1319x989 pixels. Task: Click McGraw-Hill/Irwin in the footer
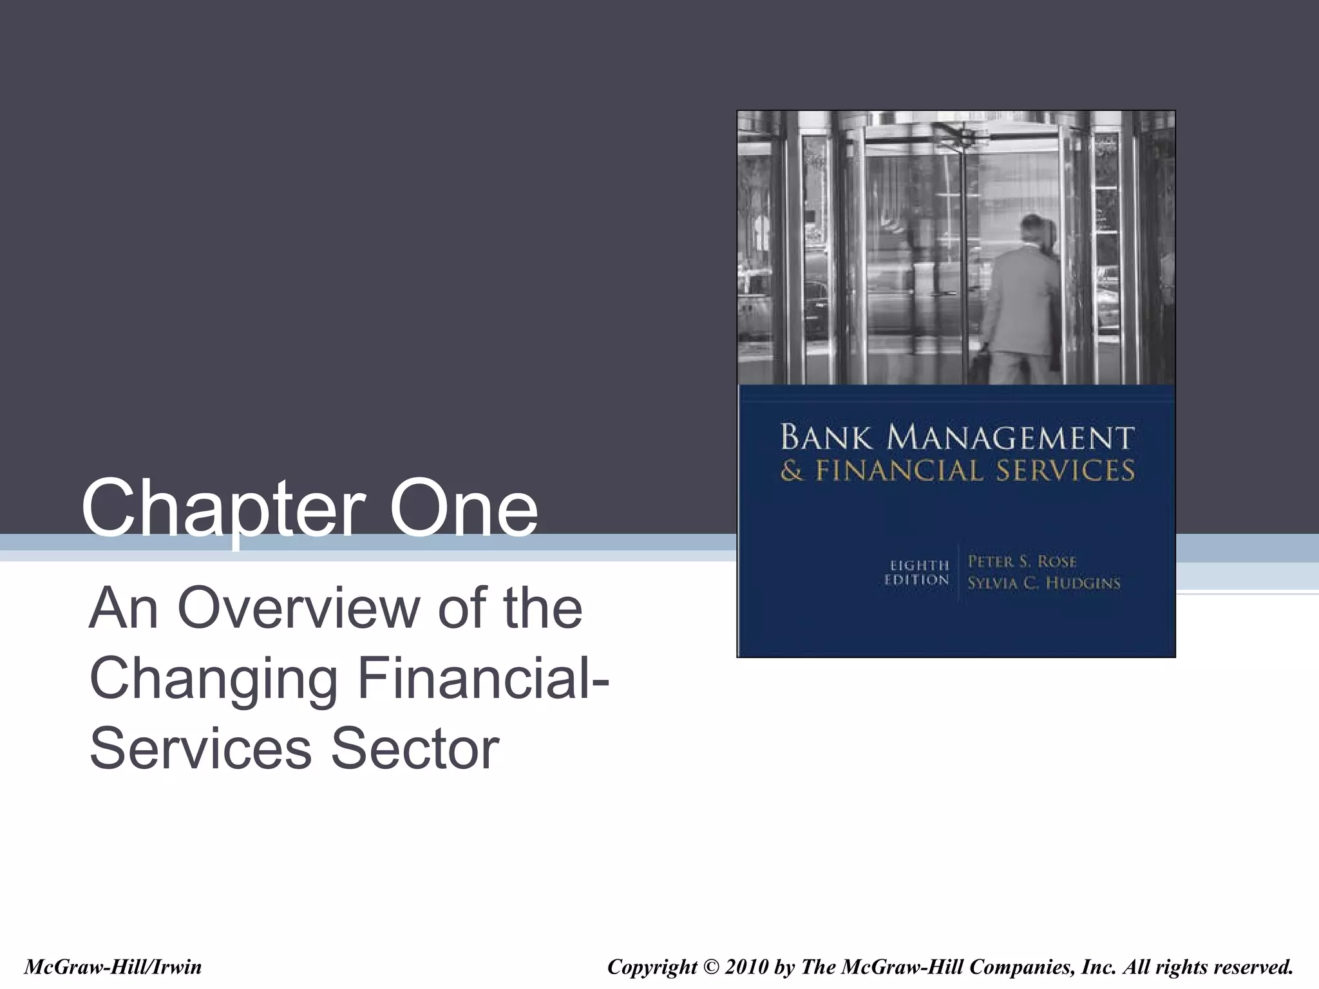pos(113,966)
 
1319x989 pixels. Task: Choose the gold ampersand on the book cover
pos(792,471)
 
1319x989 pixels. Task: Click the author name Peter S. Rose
pos(1022,561)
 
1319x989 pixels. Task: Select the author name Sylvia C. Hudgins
pos(1044,583)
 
